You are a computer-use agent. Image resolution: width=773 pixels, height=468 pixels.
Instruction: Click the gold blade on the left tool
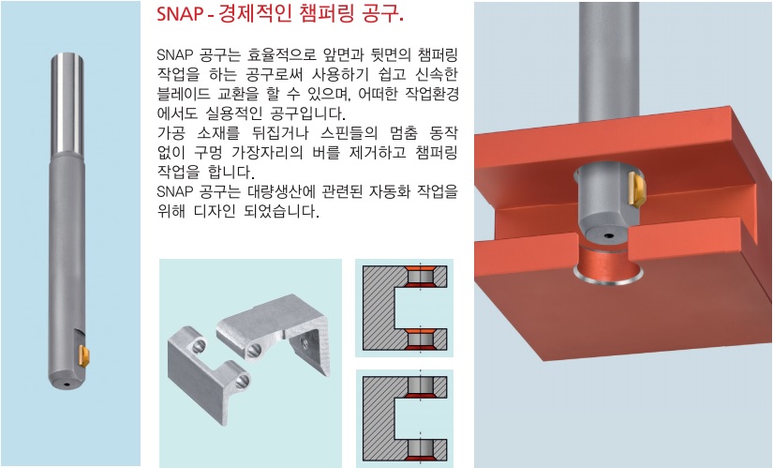tap(80, 355)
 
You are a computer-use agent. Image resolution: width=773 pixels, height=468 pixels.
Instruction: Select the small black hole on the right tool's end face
tap(609, 234)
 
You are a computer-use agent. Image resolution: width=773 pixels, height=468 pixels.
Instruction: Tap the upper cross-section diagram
tap(403, 308)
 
